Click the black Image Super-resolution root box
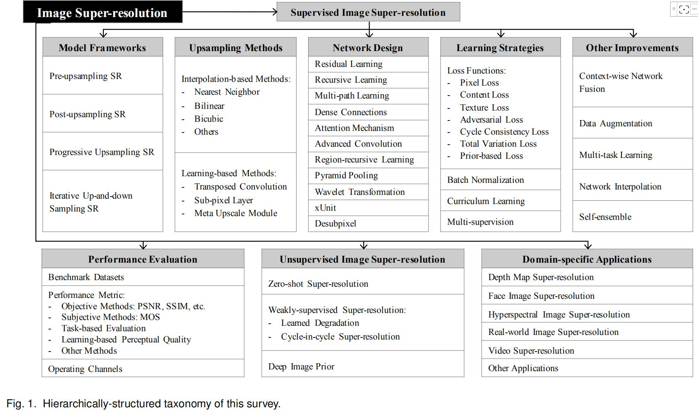point(102,12)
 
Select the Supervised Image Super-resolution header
point(368,12)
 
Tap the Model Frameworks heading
point(103,48)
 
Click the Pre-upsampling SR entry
point(86,76)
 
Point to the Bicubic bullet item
point(208,119)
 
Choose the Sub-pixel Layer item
point(223,200)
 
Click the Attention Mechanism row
point(354,128)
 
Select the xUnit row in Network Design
point(326,208)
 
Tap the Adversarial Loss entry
point(491,120)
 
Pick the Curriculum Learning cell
point(486,201)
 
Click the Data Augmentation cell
point(615,123)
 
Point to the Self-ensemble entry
point(605,217)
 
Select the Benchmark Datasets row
point(86,277)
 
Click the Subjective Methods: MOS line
point(110,317)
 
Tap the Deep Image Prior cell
point(301,367)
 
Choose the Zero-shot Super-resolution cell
point(318,284)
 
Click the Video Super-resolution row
point(531,351)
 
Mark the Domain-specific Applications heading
point(587,259)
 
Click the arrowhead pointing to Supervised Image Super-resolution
point(274,12)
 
